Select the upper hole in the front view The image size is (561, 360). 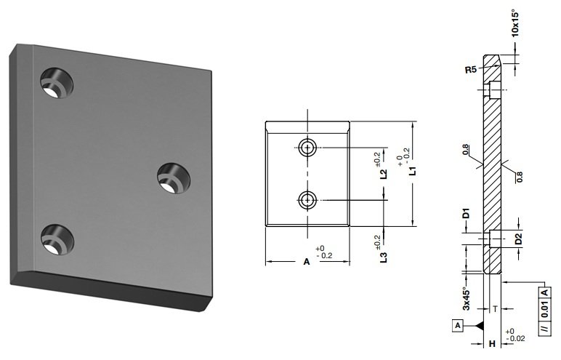(x=307, y=148)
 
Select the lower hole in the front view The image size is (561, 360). (x=307, y=199)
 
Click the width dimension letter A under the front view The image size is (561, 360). (x=307, y=262)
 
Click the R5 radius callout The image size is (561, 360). (x=470, y=71)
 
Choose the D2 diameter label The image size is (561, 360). (x=519, y=239)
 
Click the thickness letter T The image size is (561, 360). (x=496, y=308)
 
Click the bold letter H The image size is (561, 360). (x=492, y=343)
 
